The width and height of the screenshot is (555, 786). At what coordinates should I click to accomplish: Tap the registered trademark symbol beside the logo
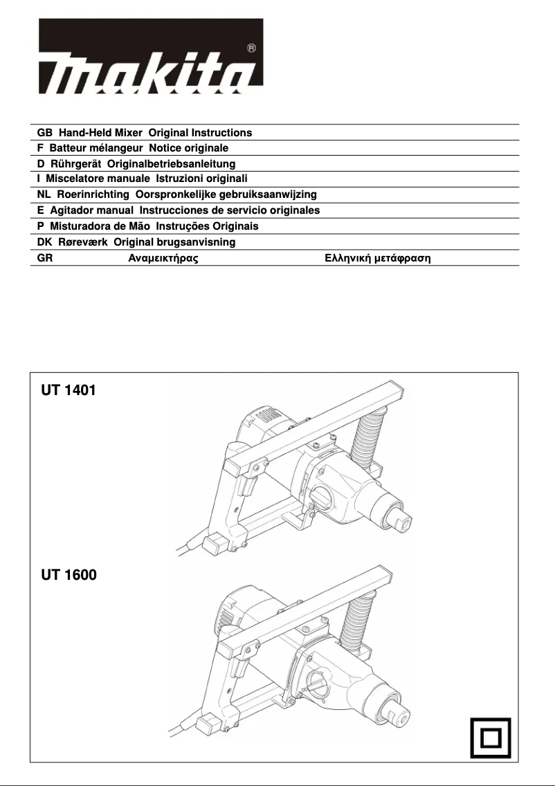[x=251, y=48]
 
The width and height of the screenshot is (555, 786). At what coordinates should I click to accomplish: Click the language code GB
[x=44, y=132]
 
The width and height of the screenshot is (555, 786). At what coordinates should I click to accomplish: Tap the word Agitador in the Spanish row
[x=72, y=210]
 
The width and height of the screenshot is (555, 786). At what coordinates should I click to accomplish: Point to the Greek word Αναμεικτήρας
[x=164, y=258]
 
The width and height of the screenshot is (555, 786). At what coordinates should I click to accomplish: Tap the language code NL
[x=44, y=194]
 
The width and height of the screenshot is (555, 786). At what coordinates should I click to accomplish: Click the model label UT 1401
[x=69, y=390]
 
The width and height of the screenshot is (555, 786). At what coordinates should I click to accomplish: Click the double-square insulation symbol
[x=490, y=738]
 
